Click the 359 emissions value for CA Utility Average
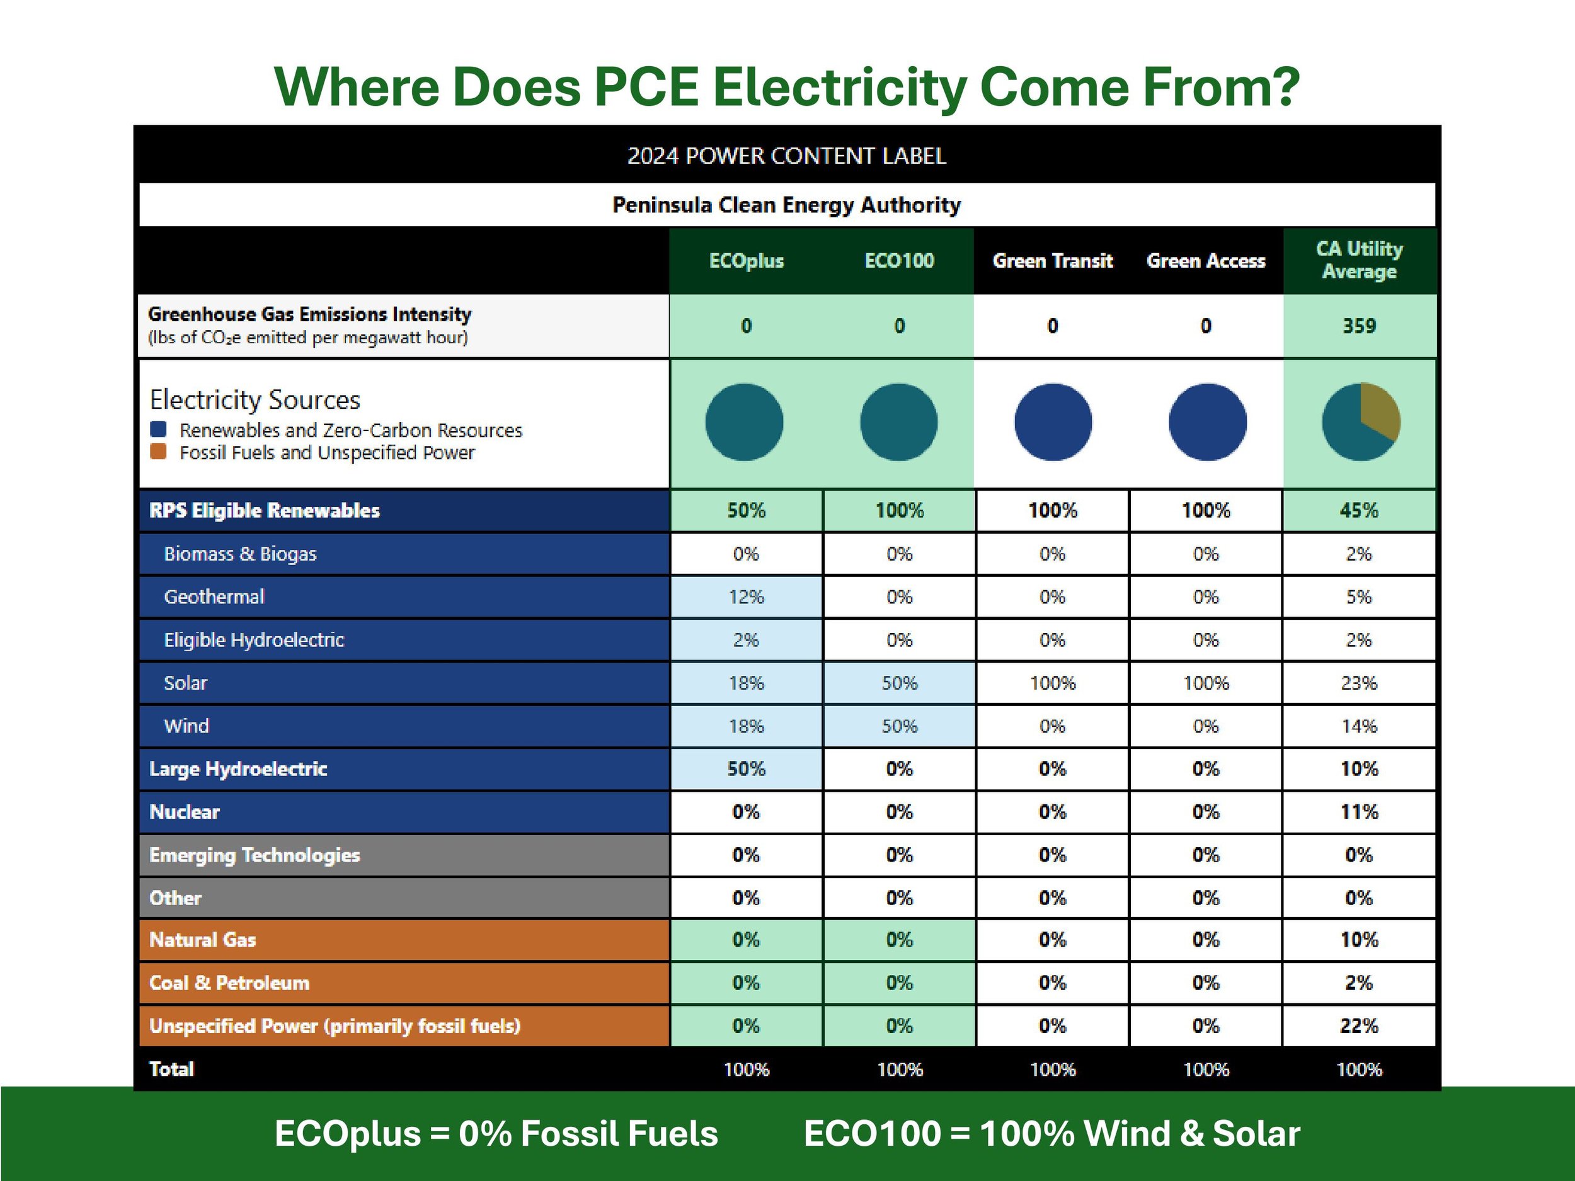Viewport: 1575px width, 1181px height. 1358,326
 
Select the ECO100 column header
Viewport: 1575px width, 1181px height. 899,261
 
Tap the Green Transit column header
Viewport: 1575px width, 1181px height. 1052,261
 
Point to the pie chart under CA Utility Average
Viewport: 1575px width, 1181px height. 1361,422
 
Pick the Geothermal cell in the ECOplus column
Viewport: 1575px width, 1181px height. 745,596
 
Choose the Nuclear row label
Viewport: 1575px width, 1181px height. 185,811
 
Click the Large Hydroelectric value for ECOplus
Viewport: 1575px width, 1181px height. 745,769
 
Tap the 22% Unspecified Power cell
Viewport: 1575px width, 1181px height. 1358,1026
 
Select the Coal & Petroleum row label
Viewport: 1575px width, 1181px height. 229,983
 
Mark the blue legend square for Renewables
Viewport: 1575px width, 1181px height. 159,430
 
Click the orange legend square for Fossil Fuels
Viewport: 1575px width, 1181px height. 159,452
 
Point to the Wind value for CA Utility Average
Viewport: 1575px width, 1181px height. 1358,726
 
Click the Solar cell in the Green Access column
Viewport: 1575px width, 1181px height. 1205,683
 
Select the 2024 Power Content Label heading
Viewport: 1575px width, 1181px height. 787,156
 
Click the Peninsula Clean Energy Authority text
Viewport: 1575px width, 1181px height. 787,205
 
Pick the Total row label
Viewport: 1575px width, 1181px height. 171,1068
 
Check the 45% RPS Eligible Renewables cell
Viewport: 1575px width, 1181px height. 1358,510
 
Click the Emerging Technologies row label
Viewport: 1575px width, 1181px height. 254,855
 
